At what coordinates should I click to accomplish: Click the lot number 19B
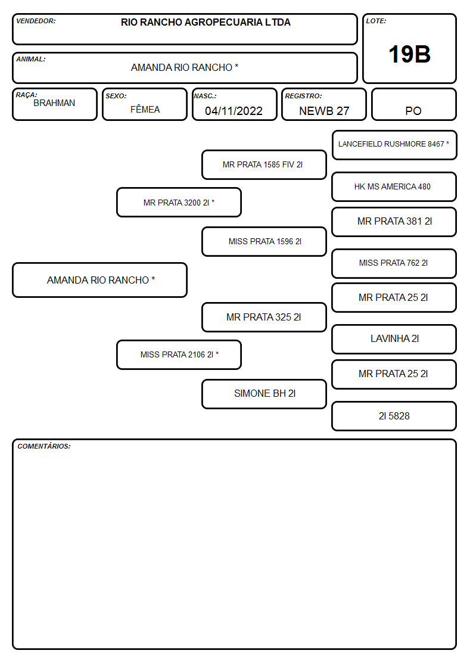409,55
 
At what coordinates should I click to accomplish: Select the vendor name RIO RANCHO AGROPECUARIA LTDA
206,22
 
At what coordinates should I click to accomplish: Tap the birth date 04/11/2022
234,111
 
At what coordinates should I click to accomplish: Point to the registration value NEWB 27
324,111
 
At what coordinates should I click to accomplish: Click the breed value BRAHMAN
54,103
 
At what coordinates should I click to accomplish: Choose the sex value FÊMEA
145,109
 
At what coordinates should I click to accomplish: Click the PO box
413,104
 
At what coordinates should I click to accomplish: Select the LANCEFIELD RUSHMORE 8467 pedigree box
394,145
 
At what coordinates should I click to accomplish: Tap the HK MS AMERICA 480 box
394,187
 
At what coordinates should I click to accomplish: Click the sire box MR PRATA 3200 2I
179,202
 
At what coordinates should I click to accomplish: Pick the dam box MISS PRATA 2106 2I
179,354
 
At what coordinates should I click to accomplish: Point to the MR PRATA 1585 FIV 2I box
264,164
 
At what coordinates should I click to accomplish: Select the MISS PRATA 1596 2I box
264,241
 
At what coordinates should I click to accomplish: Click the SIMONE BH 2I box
264,394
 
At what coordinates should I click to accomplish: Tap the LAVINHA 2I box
394,339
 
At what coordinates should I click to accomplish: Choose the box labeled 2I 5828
394,416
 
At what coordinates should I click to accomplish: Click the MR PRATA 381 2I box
394,222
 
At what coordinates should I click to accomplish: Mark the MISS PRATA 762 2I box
394,263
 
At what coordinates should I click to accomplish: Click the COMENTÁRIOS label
44,446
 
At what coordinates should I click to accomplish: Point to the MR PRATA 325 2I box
264,317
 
